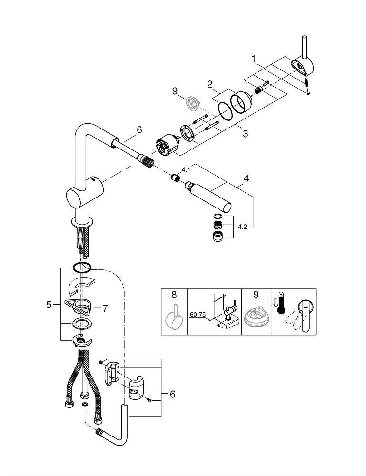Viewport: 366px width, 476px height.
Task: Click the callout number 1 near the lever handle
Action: click(254, 59)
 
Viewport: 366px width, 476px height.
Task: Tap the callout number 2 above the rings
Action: click(209, 85)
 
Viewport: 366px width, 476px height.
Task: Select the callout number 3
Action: click(245, 134)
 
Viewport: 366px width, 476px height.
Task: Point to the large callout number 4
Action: click(246, 178)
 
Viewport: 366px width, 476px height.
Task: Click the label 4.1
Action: click(186, 169)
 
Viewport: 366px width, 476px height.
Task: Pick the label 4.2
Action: click(243, 227)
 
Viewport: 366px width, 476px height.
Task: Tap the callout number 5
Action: click(49, 305)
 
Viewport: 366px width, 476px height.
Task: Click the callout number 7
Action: click(105, 308)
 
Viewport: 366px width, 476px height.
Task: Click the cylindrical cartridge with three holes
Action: click(166, 145)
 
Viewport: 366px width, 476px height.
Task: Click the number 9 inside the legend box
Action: click(255, 295)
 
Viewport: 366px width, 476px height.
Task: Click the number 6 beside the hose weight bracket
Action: click(172, 394)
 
